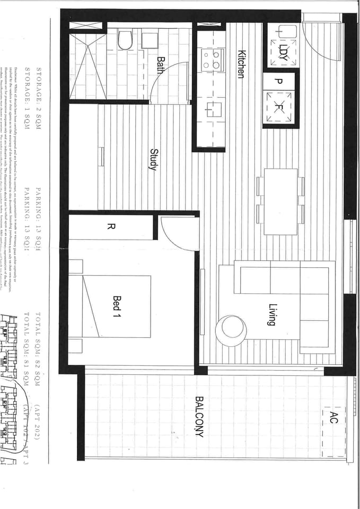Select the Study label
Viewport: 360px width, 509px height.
tap(153, 159)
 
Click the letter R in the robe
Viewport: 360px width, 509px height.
tap(111, 227)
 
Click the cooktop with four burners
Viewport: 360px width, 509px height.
tap(211, 59)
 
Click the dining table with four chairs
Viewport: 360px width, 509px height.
tap(280, 201)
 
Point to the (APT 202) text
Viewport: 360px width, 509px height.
tap(39, 424)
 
